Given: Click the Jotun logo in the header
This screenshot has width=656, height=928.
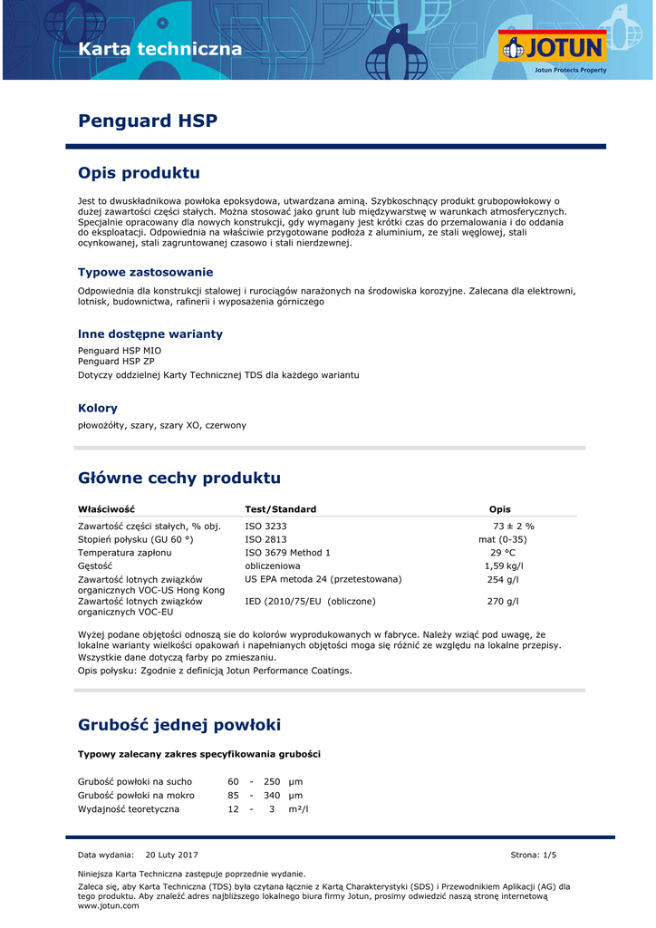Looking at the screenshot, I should point(552,49).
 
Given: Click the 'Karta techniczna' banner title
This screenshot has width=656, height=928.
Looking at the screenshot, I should point(160,49).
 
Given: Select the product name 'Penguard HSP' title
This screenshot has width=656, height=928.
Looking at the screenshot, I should point(148,121).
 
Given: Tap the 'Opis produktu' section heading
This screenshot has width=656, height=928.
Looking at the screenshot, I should point(139,172).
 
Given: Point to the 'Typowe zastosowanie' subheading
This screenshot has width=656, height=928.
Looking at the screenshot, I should point(145,272).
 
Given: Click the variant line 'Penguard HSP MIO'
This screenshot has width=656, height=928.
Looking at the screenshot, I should point(120,350).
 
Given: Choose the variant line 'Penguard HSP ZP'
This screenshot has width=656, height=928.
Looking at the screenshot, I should point(116,361).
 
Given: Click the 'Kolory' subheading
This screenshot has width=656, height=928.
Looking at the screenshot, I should point(98,408).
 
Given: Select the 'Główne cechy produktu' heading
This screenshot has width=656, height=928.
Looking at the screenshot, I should point(179,478).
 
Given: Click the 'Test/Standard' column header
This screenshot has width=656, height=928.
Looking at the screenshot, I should point(281,509).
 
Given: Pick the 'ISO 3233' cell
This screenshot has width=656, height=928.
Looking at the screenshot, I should point(265,526).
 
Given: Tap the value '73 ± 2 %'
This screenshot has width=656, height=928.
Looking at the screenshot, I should point(513,526).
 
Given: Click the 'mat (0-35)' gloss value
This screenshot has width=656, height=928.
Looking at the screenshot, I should point(502,539).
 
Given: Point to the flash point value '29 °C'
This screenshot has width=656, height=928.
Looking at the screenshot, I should point(503,552).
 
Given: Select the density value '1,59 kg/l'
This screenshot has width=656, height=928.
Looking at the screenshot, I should point(504,565).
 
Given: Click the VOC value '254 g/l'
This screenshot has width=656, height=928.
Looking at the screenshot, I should point(503,579).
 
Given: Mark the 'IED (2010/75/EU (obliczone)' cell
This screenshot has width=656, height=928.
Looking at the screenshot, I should point(310,601).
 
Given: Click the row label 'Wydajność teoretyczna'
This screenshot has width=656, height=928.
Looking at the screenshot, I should point(129,808).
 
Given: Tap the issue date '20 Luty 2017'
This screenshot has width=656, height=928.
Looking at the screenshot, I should point(171,855).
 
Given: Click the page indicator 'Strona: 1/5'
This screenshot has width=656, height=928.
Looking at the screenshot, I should point(534,855).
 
